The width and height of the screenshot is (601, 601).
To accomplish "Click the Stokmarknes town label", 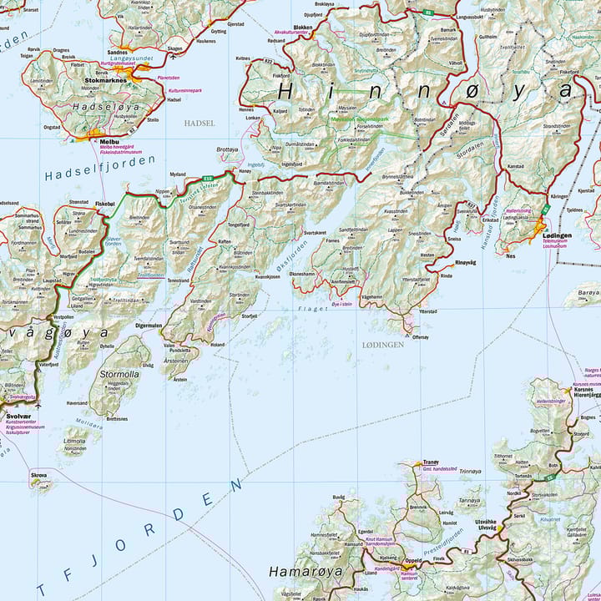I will [x=104, y=80].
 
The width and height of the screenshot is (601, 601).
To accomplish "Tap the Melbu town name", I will [x=99, y=142].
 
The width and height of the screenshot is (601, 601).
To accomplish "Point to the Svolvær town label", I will [x=18, y=415].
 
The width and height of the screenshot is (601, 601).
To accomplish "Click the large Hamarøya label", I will [x=295, y=572].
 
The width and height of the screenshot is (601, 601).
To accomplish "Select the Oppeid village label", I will [x=413, y=560].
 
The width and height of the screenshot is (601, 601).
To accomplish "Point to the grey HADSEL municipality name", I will [x=198, y=123].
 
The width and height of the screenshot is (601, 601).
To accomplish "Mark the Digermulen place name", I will [x=149, y=326].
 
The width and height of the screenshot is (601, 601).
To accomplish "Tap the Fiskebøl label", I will [x=105, y=203].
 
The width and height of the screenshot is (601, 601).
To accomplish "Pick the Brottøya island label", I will [x=227, y=150].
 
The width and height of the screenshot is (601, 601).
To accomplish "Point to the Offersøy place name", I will [x=420, y=337].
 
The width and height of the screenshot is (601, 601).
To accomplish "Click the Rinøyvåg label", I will [x=466, y=261].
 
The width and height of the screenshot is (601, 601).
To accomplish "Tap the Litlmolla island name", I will [x=74, y=440].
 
